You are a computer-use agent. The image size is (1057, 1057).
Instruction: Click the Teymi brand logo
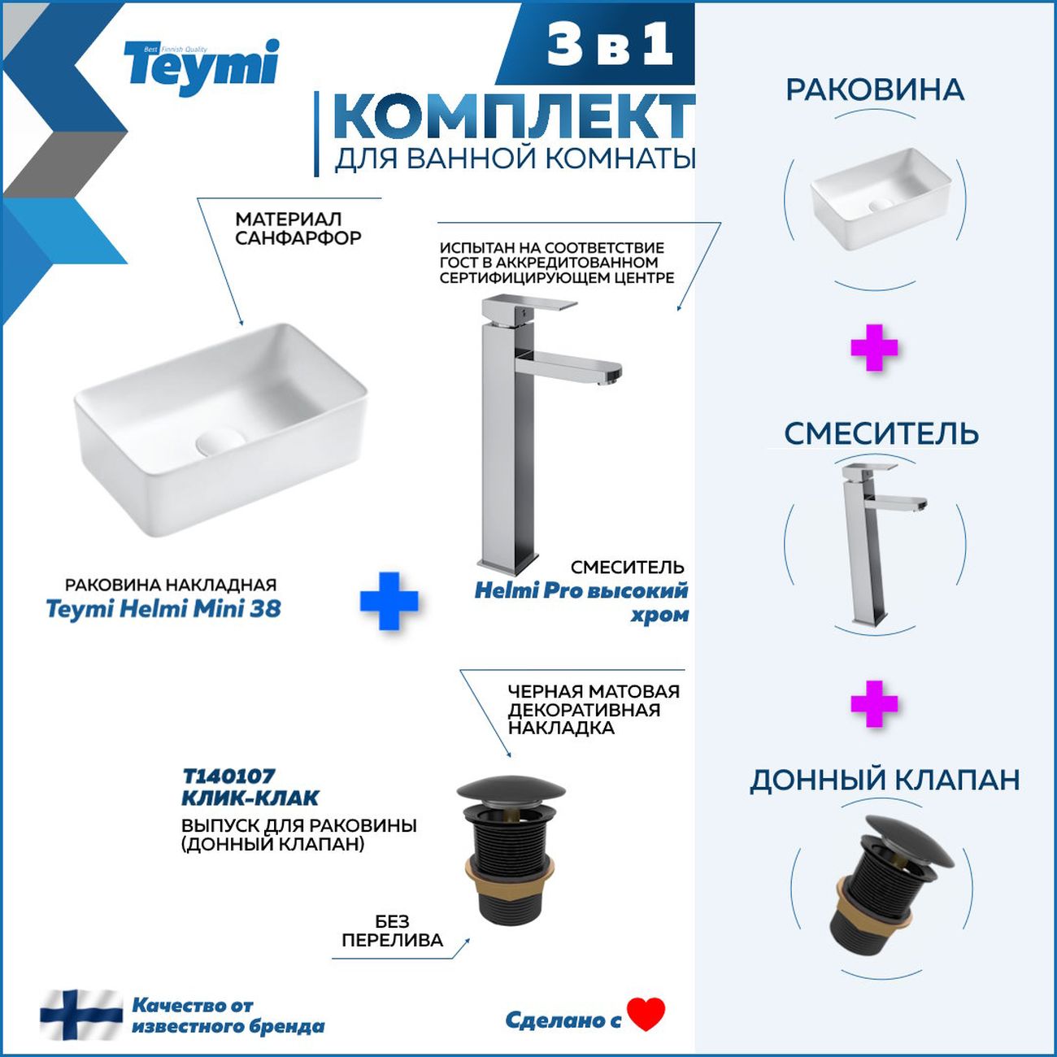coord(202,68)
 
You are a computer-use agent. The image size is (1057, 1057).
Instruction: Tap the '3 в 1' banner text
coord(610,46)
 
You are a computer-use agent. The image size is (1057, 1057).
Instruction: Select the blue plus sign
coord(389,601)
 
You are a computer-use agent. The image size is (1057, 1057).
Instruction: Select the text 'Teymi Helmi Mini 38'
coord(163,609)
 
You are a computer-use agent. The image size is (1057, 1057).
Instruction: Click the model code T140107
coord(228,776)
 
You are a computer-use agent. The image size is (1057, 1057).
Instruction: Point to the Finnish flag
coord(81,1016)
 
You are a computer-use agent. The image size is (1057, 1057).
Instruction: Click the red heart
coord(646,1014)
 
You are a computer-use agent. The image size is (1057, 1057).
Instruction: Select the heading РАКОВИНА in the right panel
coord(875,90)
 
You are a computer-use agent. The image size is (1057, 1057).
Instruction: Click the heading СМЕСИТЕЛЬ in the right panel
coord(881,434)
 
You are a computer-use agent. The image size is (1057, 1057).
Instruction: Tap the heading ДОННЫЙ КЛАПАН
coord(884,780)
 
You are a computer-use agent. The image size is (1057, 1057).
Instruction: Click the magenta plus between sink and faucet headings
coord(874,348)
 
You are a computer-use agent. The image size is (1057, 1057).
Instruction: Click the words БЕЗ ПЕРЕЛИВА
coord(392,932)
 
